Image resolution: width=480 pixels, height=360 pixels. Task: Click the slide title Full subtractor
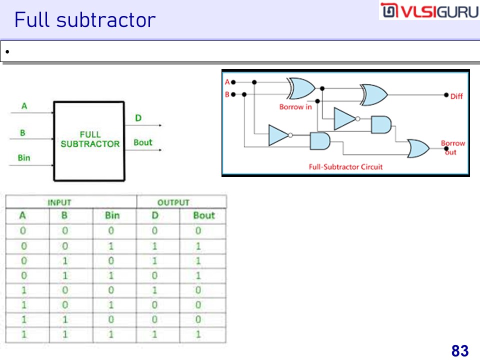coord(85,20)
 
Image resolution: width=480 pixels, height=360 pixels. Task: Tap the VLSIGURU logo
coord(429,11)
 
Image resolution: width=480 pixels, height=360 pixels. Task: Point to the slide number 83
coord(459,351)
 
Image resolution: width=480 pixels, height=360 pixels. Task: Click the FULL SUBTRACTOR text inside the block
coord(90,139)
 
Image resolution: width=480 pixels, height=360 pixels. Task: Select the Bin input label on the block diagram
coord(24,158)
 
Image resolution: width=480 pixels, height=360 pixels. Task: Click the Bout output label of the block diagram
coord(142,142)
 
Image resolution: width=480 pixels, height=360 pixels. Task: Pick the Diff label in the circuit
coord(456,96)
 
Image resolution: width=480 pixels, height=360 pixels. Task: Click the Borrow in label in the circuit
coord(295,107)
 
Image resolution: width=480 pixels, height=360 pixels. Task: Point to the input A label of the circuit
coord(227,82)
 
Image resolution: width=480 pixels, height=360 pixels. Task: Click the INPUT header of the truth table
coord(59,202)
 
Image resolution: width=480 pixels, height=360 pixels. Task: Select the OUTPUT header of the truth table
coord(173,202)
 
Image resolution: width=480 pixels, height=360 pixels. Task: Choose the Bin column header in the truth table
coord(112,215)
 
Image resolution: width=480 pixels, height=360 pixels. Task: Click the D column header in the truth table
coord(154,215)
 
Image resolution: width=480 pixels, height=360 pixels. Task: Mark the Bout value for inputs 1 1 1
coord(198,334)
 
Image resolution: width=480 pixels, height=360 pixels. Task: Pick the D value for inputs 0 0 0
coord(154,231)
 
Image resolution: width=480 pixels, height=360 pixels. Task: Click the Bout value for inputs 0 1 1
coord(198,275)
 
